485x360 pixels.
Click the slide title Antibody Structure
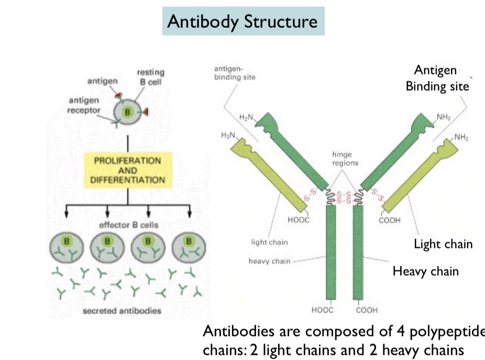[x=242, y=21]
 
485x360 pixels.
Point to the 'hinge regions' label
[x=345, y=158]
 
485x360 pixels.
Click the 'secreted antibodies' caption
[x=122, y=311]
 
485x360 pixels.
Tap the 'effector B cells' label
[x=128, y=225]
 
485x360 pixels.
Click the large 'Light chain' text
[x=443, y=244]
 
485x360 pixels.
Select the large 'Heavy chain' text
[x=425, y=271]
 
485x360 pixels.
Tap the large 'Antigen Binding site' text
[x=437, y=78]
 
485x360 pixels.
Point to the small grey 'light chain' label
[x=270, y=243]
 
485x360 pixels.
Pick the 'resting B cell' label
[x=150, y=77]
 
